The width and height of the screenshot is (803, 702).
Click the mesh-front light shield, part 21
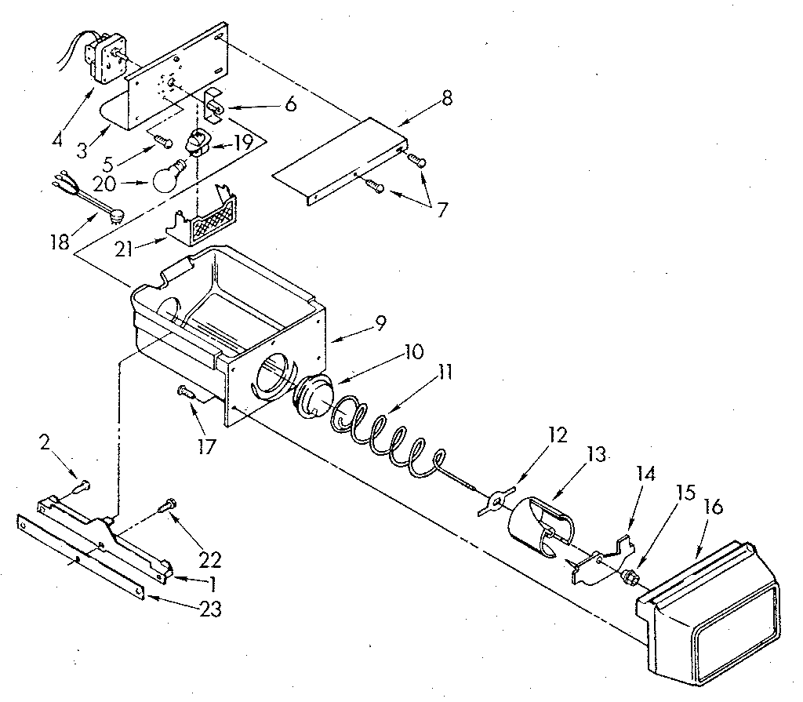tap(205, 218)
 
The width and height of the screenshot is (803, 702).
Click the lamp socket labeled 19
tap(198, 144)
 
